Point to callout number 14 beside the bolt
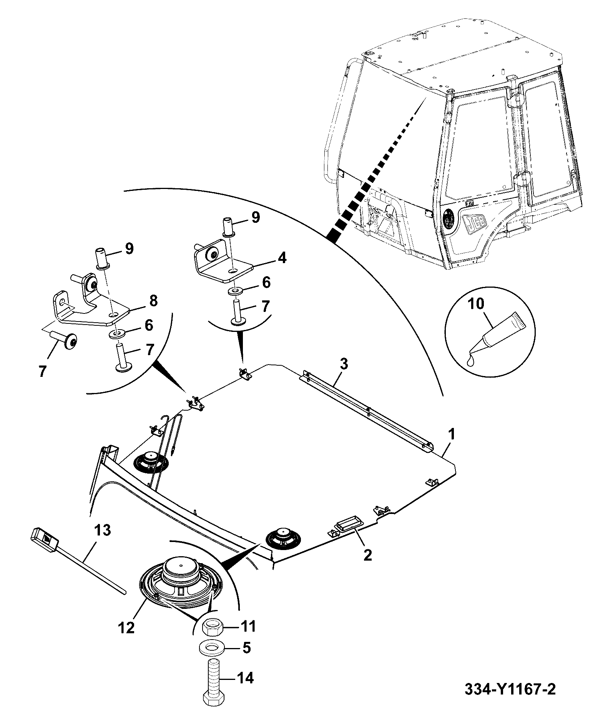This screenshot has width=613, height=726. pyautogui.click(x=246, y=688)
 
